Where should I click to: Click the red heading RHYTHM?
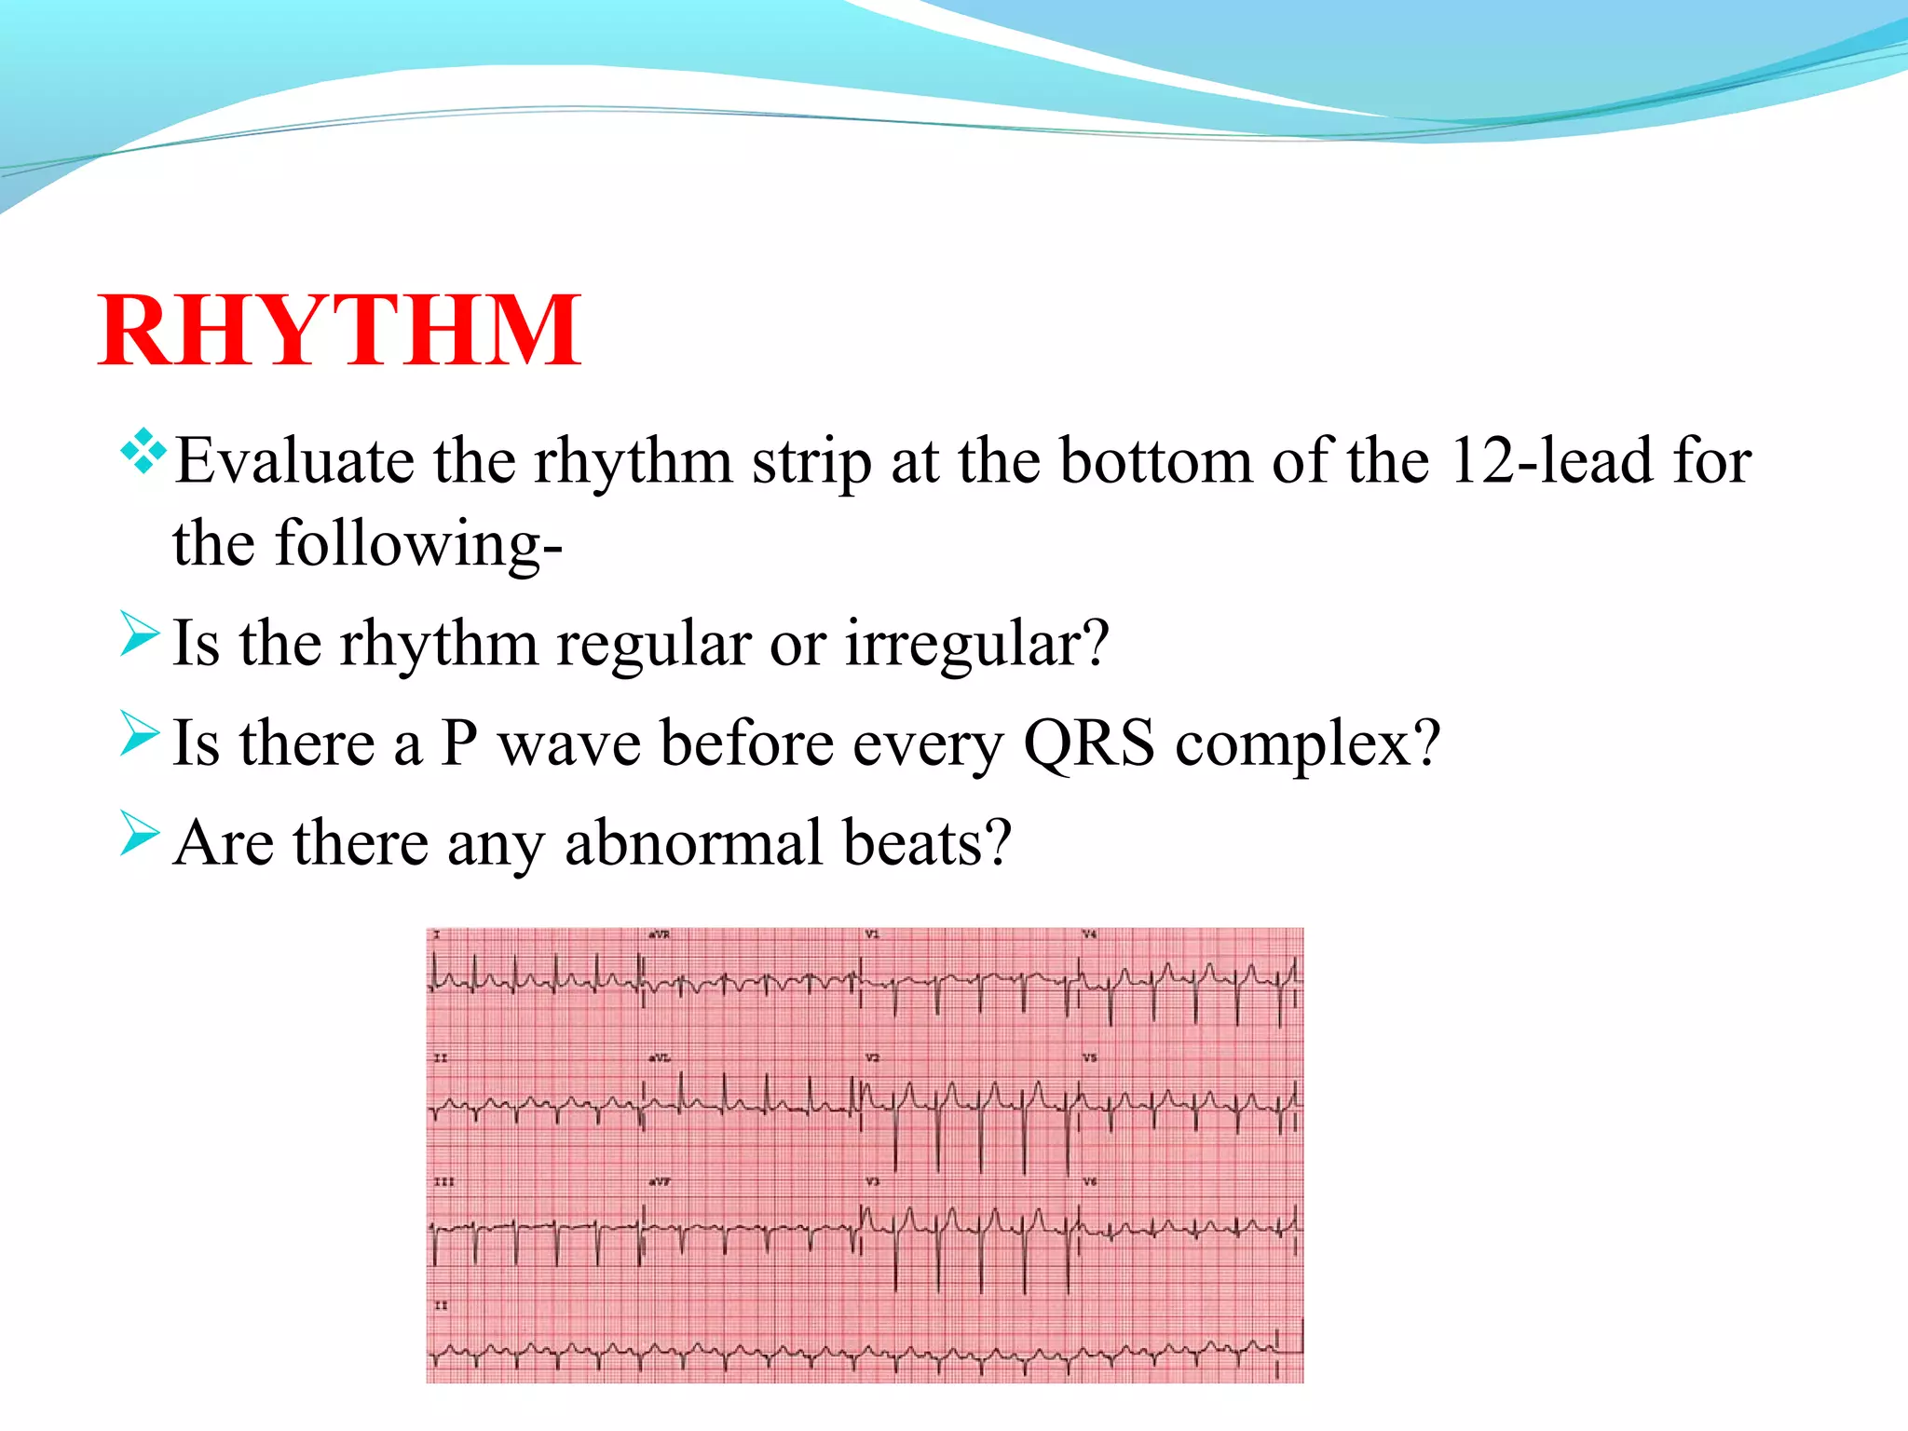tap(339, 331)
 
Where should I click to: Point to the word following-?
tap(418, 544)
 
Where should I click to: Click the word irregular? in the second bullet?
tap(977, 644)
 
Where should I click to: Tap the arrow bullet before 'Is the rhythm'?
tap(140, 634)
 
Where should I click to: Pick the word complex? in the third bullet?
tap(1308, 745)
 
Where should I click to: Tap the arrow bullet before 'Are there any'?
tap(140, 833)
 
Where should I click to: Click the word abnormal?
tap(693, 843)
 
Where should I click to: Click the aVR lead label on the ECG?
tap(659, 934)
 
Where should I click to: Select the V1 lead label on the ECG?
tap(872, 934)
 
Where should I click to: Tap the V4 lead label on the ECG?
tap(1089, 934)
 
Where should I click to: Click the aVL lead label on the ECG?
tap(659, 1058)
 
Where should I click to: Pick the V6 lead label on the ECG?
tap(1089, 1181)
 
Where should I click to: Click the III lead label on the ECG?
tap(444, 1181)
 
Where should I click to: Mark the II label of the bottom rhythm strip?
tap(441, 1305)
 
